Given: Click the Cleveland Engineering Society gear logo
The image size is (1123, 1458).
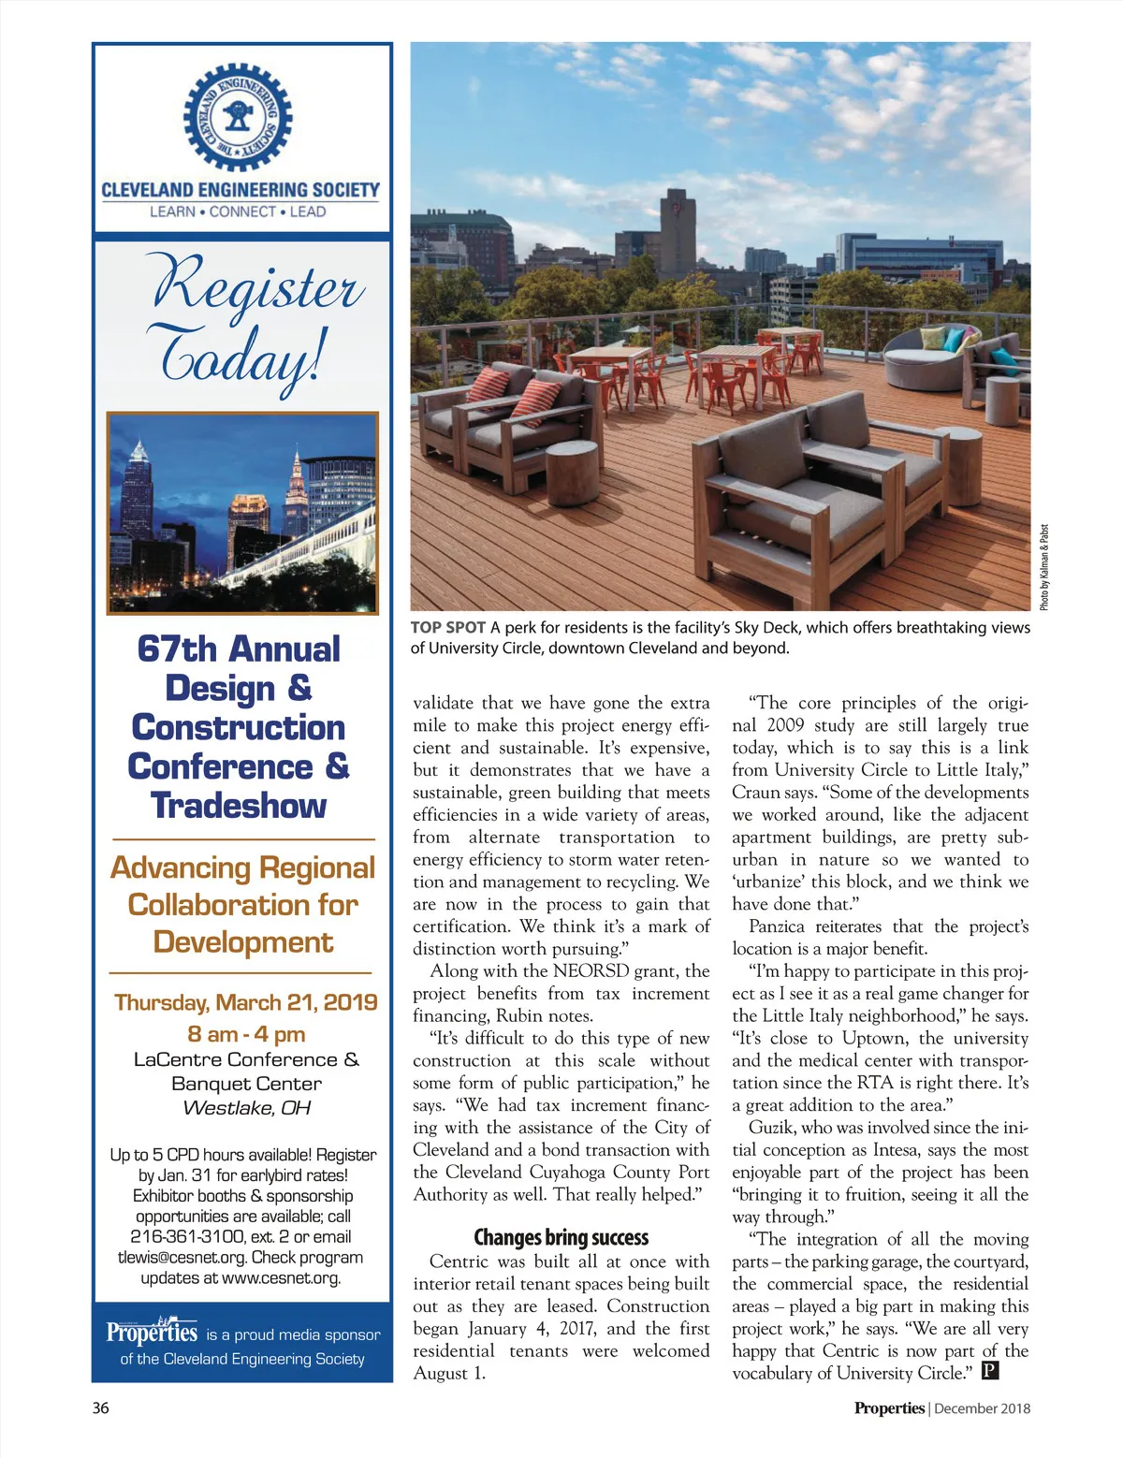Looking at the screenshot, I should (x=238, y=116).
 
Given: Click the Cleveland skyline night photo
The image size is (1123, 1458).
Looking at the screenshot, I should (x=242, y=513).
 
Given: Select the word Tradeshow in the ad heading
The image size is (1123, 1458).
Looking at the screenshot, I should (x=239, y=806).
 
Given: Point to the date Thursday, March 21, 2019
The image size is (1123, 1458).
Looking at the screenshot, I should (x=245, y=1003).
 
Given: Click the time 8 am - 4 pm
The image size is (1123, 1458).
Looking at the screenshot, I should (x=246, y=1034).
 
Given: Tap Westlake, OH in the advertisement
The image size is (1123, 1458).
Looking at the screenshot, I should (x=246, y=1108).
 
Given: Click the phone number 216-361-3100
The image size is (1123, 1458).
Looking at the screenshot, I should (x=187, y=1237).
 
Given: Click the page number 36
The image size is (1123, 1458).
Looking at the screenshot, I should (x=100, y=1407).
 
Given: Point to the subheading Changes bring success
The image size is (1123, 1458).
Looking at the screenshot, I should (x=561, y=1238).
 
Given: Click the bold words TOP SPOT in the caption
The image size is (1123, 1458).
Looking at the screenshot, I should (x=447, y=628).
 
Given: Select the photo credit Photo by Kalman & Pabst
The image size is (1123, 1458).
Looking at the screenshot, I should (x=1044, y=567).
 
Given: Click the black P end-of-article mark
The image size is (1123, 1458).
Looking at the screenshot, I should (x=990, y=1373).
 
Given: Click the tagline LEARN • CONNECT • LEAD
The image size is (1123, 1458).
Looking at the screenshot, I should (x=238, y=212).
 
